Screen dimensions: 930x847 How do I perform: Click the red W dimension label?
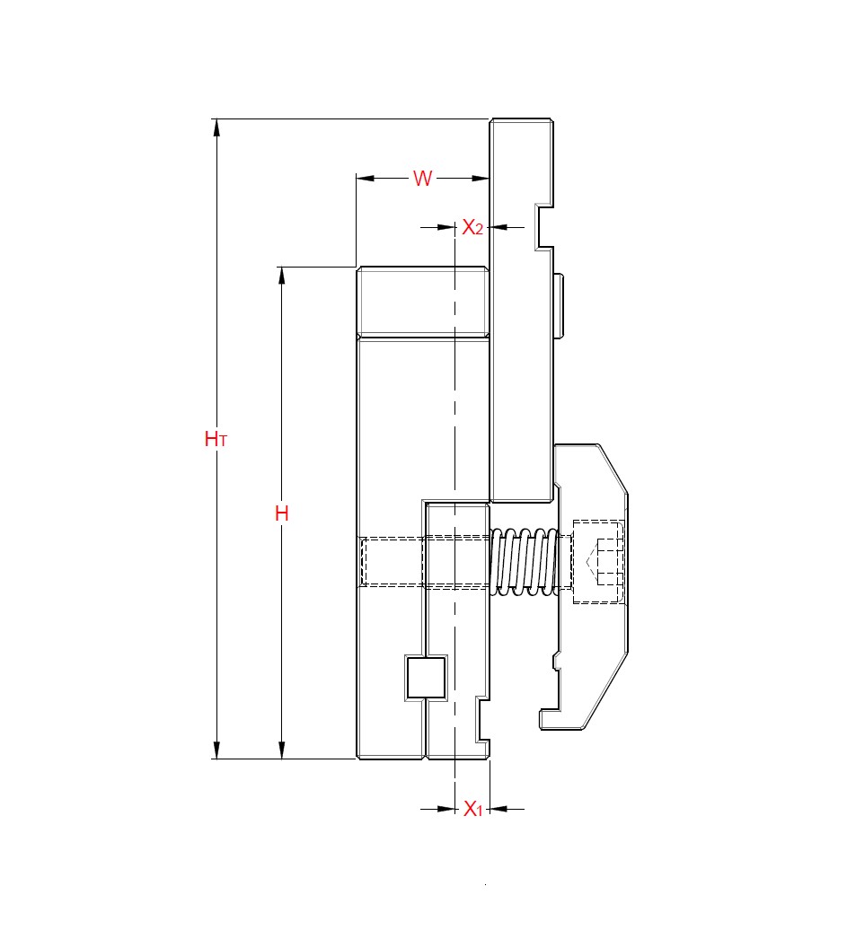pyautogui.click(x=422, y=178)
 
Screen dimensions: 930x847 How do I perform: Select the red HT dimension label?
pyautogui.click(x=216, y=439)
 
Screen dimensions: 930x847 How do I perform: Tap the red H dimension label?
pyautogui.click(x=282, y=513)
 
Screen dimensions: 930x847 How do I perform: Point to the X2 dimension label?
pyautogui.click(x=472, y=228)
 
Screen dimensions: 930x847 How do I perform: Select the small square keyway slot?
pyautogui.click(x=426, y=677)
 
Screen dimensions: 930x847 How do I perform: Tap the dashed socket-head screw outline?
pyautogui.click(x=597, y=561)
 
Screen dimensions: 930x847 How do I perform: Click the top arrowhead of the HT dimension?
pyautogui.click(x=216, y=127)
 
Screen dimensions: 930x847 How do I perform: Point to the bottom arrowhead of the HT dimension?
pyautogui.click(x=216, y=750)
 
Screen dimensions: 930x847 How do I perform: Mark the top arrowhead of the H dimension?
pyautogui.click(x=282, y=276)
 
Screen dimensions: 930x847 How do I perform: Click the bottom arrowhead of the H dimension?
pyautogui.click(x=282, y=750)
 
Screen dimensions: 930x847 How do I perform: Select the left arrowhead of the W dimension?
pyautogui.click(x=365, y=178)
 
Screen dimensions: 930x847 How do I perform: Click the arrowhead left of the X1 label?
pyautogui.click(x=446, y=809)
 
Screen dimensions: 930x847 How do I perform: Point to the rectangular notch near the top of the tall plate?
pyautogui.click(x=545, y=227)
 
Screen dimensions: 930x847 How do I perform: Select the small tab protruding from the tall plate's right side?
pyautogui.click(x=558, y=305)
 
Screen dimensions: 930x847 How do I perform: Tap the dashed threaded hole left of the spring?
pyautogui.click(x=392, y=562)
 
